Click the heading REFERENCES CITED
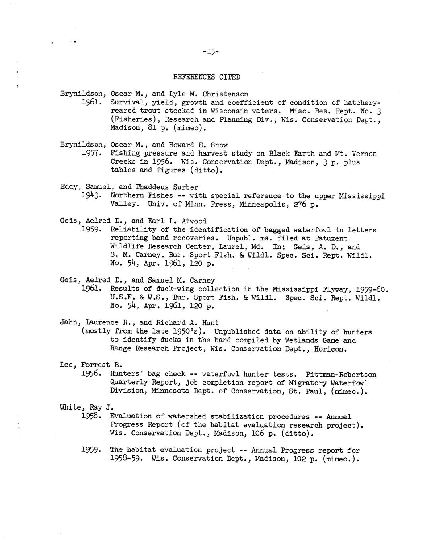207,77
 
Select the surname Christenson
225,94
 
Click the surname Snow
219,145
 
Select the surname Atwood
194,221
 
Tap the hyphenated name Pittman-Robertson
341,374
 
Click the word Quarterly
129,383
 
